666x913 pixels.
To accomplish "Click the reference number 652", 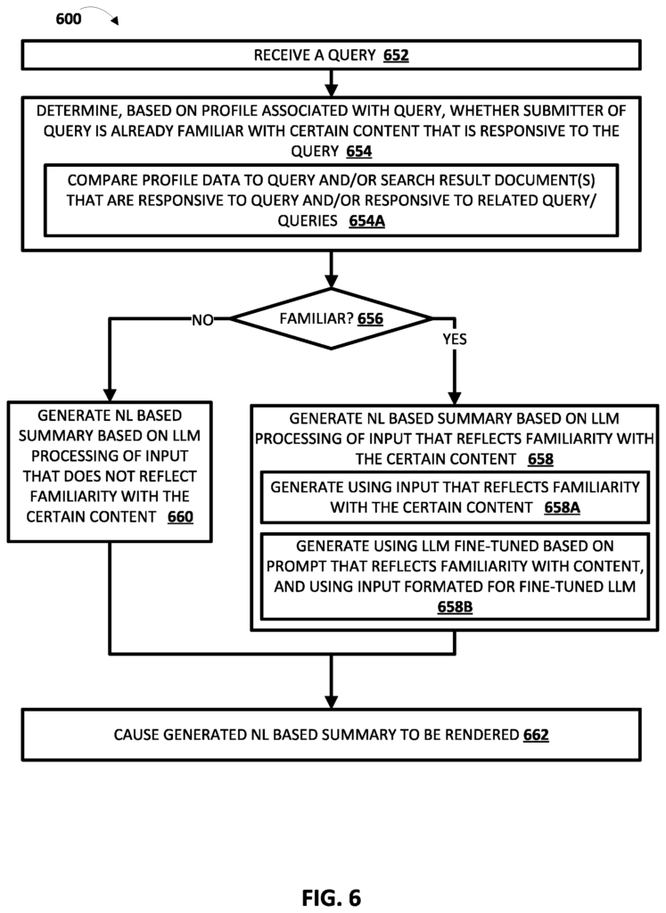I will pyautogui.click(x=397, y=55).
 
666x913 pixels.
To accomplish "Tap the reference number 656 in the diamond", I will pyautogui.click(x=370, y=318).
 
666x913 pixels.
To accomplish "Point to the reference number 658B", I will pyautogui.click(x=455, y=605).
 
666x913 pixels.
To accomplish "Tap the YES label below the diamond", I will pyautogui.click(x=455, y=339).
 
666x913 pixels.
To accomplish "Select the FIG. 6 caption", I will pyautogui.click(x=331, y=897).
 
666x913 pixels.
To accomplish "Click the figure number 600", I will pyautogui.click(x=69, y=17).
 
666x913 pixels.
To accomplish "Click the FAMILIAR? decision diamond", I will pyautogui.click(x=332, y=318).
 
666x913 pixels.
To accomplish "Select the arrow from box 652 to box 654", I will pyautogui.click(x=332, y=84).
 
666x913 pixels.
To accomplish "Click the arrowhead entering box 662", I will pyautogui.click(x=332, y=702).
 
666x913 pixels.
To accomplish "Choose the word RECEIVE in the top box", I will pyautogui.click(x=284, y=55).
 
